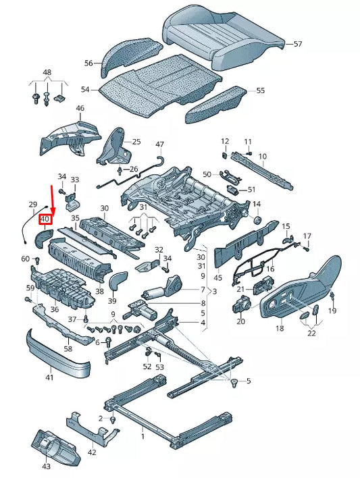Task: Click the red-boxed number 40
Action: pos(46,219)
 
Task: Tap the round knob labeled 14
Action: pos(256,221)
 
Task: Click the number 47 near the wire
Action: pos(159,144)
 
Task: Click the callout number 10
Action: pos(263,156)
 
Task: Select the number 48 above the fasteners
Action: pos(47,72)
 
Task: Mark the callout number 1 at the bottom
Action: pos(143,437)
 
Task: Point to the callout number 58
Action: pos(68,348)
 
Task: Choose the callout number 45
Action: pos(217,277)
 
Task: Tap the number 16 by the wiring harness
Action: pos(270,269)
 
